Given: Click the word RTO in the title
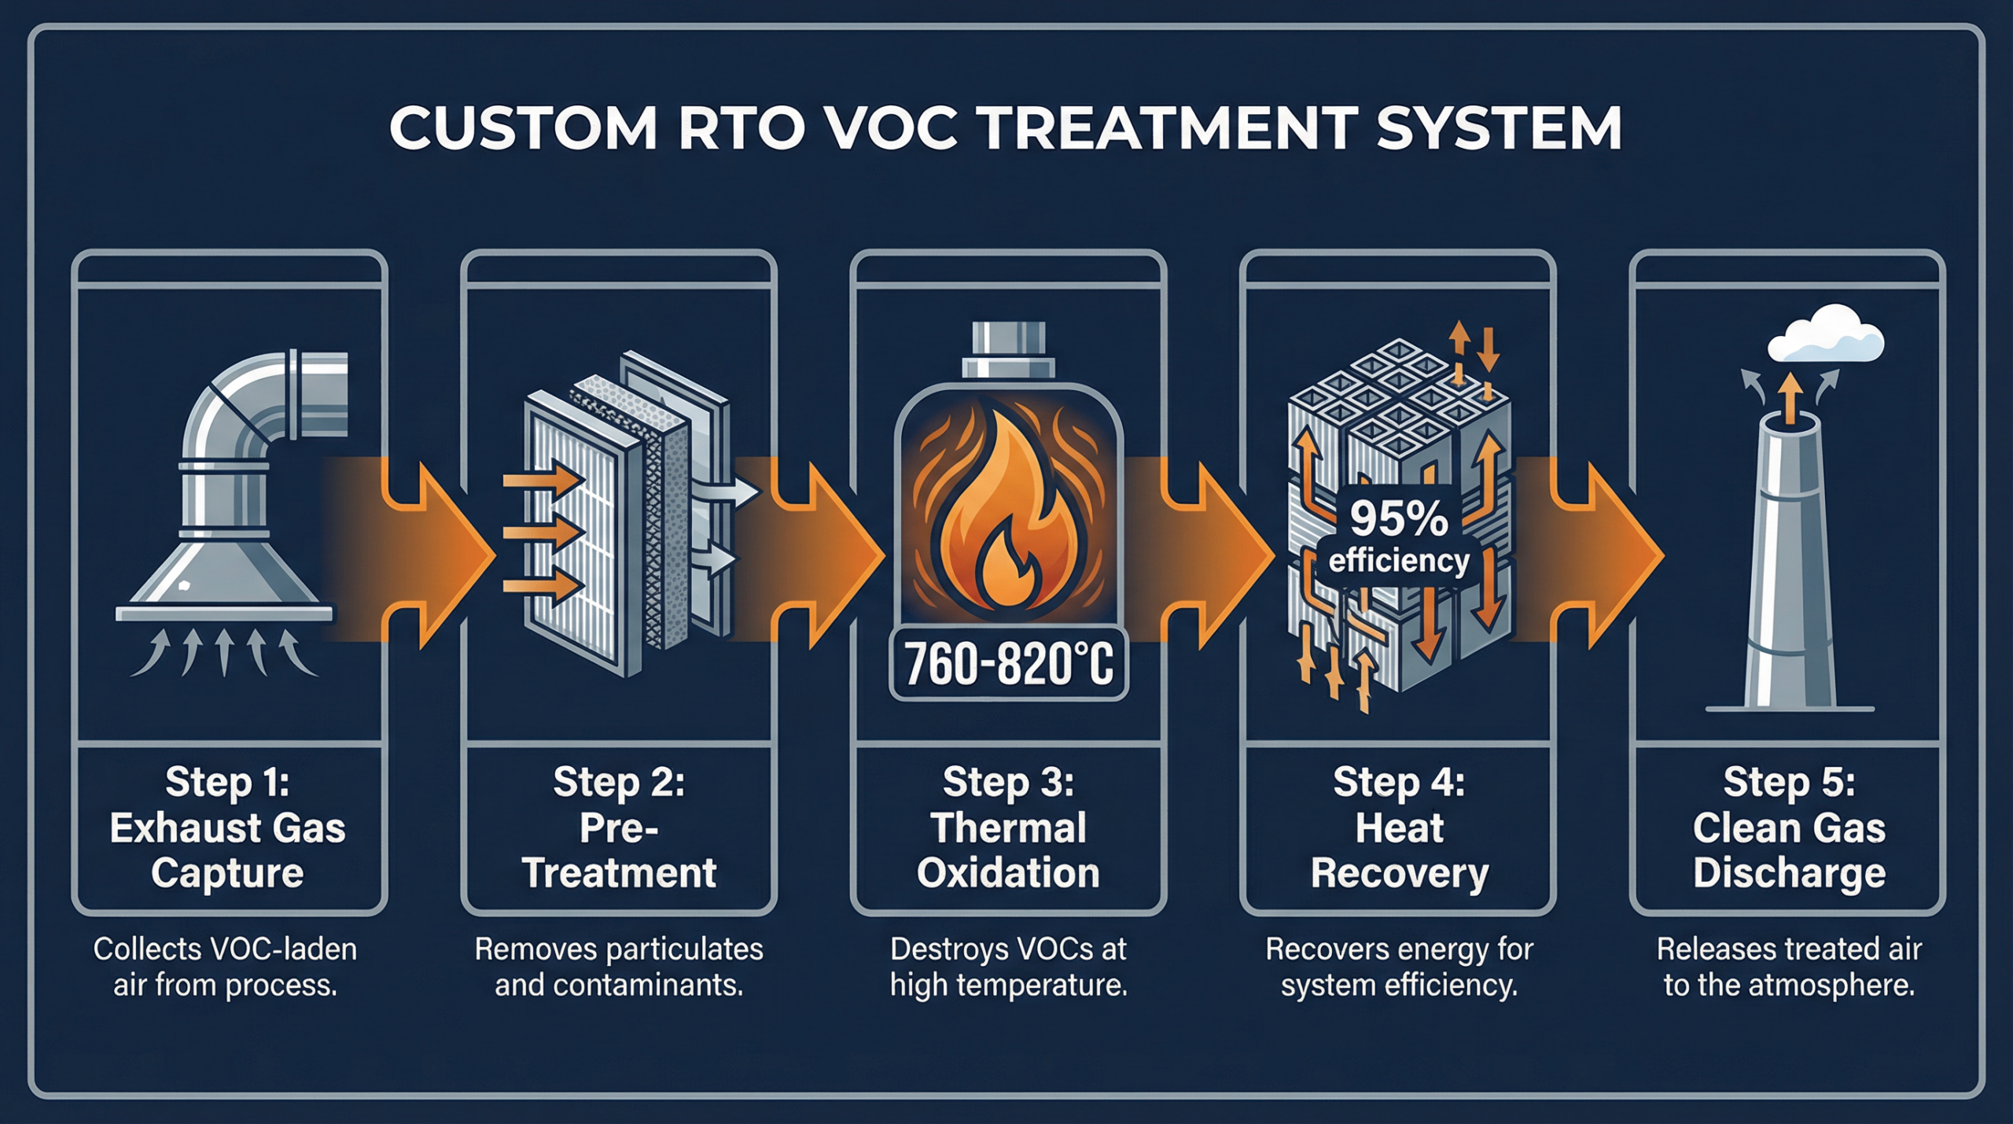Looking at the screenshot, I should (x=741, y=128).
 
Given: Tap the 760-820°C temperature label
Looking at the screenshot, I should (x=1009, y=663).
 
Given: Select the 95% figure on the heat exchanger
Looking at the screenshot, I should (x=1398, y=518).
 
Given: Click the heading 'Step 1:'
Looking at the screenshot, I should (x=227, y=782).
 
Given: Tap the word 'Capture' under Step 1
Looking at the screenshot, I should (x=227, y=873).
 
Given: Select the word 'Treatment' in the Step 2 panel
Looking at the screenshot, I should (x=619, y=873).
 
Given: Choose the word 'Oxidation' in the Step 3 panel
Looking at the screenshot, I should (x=1008, y=873).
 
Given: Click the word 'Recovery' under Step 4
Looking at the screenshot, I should (x=1400, y=873).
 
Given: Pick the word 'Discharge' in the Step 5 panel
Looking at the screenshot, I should (x=1789, y=873).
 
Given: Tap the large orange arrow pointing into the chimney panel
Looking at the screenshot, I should (x=1596, y=555).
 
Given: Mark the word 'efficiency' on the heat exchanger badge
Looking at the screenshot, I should (x=1398, y=561).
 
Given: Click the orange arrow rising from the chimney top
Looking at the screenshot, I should (x=1790, y=397).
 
